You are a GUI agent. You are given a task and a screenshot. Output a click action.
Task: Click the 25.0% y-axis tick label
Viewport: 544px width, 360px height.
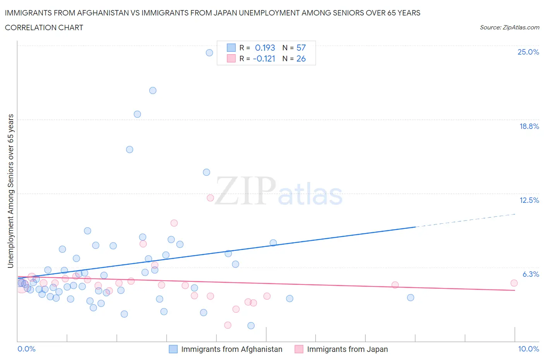tap(528, 52)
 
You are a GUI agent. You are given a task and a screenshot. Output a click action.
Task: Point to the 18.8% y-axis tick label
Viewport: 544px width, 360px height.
tap(529, 126)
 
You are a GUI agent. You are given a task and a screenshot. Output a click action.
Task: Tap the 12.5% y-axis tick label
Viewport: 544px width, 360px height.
tap(529, 200)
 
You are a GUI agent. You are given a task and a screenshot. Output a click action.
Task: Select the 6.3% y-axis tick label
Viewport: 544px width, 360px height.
tap(530, 274)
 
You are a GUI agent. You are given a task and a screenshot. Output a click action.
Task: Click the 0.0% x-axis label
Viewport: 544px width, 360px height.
tap(26, 349)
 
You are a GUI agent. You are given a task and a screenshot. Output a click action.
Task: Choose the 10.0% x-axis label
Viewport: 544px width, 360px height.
tap(528, 349)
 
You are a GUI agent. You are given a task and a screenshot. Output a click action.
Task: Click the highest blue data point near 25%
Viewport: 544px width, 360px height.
tap(209, 53)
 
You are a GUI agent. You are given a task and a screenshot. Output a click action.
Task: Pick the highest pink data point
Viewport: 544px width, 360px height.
tap(210, 198)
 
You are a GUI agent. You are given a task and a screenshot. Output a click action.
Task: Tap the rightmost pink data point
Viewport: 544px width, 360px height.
tap(514, 283)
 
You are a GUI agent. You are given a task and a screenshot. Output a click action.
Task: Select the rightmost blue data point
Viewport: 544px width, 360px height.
tap(411, 297)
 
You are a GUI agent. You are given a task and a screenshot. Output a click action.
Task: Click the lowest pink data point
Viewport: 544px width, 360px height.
tap(228, 325)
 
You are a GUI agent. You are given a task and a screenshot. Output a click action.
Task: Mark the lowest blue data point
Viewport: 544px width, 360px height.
tap(251, 326)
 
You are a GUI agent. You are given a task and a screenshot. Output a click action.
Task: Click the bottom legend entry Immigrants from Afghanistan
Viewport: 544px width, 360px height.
tap(231, 349)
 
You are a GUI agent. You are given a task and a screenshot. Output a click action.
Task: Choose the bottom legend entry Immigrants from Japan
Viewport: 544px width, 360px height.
tap(347, 349)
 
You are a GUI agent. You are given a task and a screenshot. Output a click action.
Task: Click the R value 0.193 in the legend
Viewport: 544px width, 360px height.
tap(265, 48)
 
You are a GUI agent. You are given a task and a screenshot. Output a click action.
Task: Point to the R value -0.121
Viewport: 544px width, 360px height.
tap(264, 58)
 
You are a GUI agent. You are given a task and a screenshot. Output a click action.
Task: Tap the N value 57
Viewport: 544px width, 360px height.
tap(301, 48)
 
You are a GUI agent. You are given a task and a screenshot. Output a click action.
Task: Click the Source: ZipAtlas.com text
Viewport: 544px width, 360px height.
tap(509, 27)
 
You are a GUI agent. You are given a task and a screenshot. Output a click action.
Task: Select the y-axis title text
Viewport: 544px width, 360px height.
tap(11, 191)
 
